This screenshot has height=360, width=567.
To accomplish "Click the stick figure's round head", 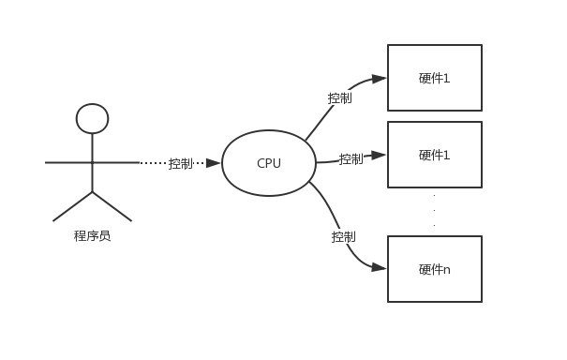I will point(92,118).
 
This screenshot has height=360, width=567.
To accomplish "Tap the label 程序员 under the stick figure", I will point(92,236).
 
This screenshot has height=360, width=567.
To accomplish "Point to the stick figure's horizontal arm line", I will point(66,162).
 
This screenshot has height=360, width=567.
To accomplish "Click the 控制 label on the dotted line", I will point(180,163).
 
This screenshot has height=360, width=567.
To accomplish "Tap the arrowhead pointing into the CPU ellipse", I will point(213,163).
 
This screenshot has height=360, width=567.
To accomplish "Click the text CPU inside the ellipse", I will point(268,163).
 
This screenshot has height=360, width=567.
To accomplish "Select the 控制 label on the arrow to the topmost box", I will point(339,97).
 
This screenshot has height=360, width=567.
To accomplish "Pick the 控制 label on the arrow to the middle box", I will point(351,158).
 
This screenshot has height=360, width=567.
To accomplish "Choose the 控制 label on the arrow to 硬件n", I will point(343,236).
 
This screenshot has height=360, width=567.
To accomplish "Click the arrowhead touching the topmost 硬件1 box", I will point(379,79).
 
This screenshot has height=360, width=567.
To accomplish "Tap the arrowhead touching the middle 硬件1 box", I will point(379,155).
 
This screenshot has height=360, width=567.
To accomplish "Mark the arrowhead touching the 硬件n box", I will point(379,267).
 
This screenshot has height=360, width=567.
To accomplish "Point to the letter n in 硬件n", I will point(447,270).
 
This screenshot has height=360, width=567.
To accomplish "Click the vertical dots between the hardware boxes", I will point(434,210).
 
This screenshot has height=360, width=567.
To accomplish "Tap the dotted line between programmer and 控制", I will point(153,163).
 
